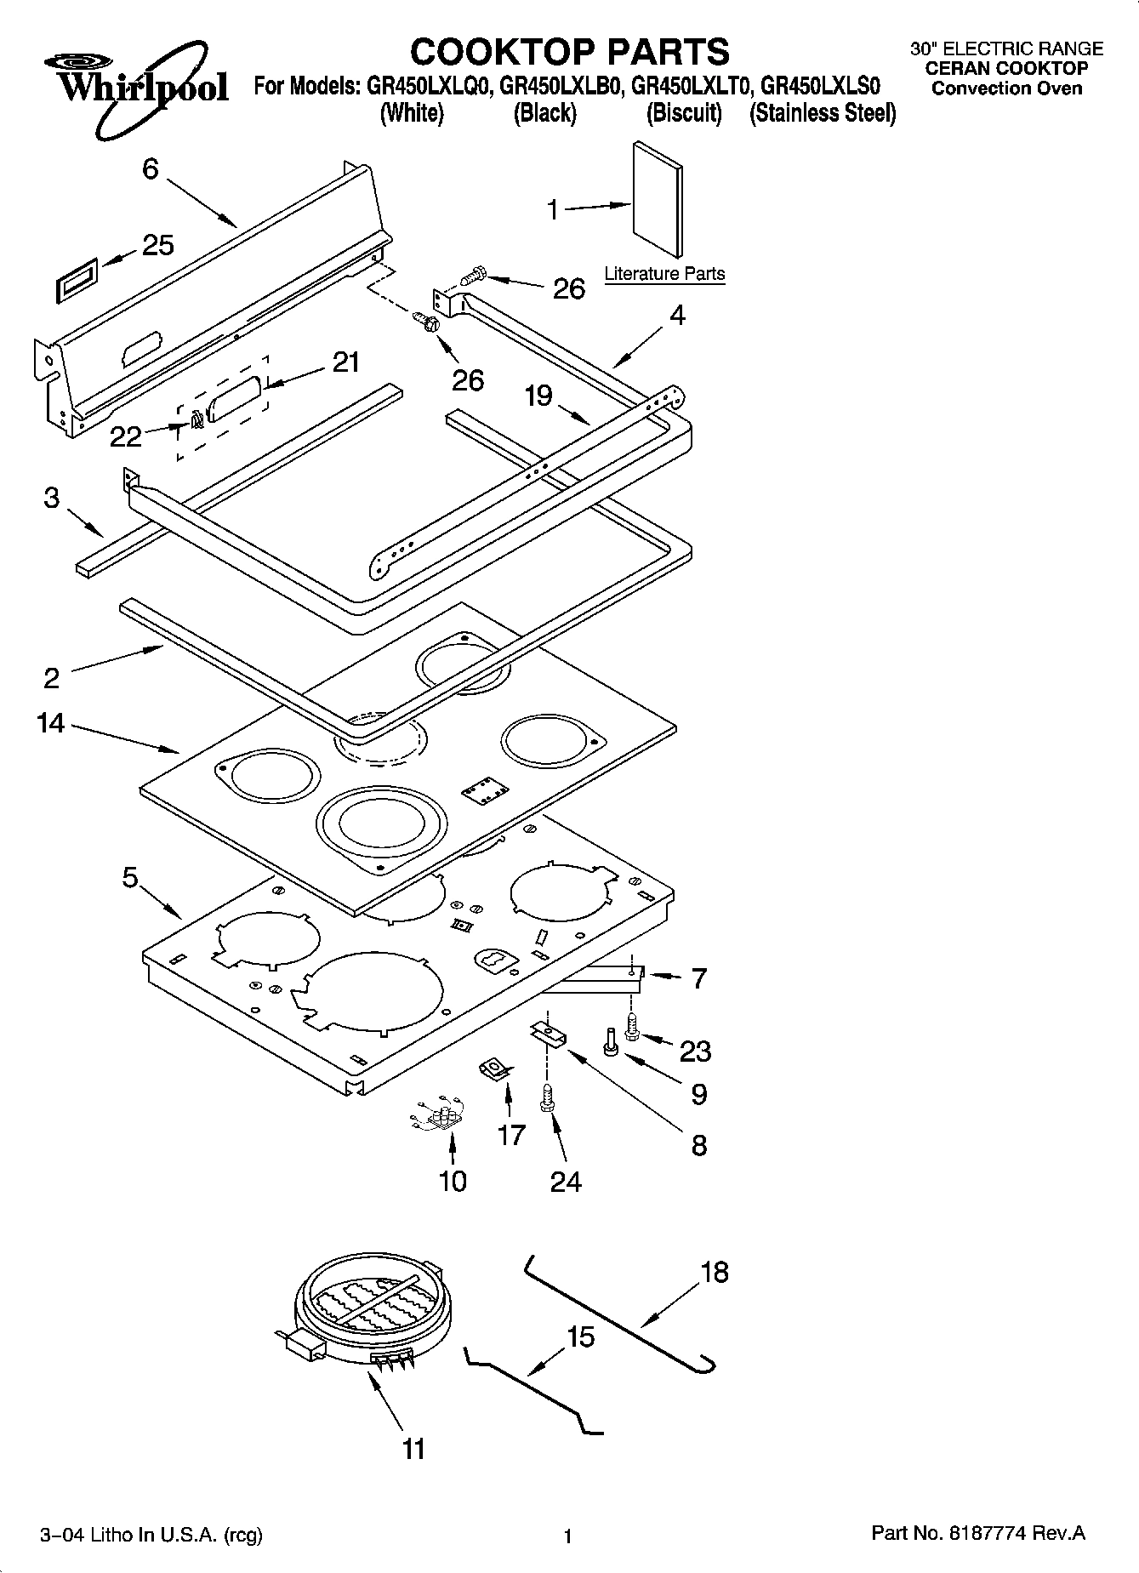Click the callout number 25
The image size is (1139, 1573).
pos(157,245)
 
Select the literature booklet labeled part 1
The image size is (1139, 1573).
pos(658,200)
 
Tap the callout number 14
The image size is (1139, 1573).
pos(51,723)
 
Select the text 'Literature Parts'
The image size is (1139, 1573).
pos(664,274)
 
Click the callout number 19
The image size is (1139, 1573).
pos(538,396)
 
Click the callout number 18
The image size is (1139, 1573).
pos(715,1272)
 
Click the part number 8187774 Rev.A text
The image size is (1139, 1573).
pos(979,1533)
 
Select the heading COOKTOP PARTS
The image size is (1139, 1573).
pos(569,51)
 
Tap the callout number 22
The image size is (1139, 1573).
pos(126,436)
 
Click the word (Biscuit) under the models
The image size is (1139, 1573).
pos(684,113)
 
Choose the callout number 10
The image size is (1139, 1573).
pos(453,1180)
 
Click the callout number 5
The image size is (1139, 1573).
pos(129,877)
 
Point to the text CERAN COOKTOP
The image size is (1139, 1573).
pos(1006,69)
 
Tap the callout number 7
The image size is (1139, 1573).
pos(698,979)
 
